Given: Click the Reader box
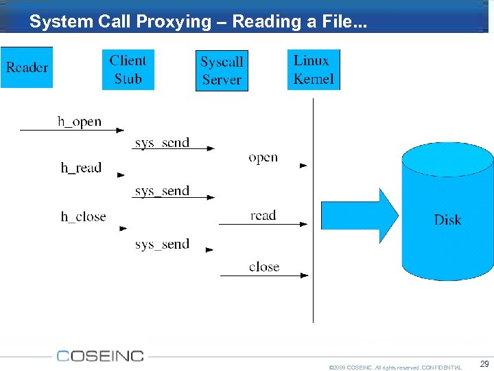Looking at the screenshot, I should (27, 67).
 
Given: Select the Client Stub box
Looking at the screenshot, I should (128, 69).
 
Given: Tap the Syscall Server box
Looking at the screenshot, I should (222, 71).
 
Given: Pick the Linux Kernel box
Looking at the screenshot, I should (314, 69).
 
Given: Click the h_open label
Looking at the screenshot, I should (80, 122).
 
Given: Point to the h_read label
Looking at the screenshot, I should (81, 168).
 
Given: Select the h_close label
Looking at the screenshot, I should (83, 216).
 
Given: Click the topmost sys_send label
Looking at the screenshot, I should (162, 142).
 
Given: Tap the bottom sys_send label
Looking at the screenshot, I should (162, 244).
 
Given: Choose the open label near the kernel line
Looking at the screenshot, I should (263, 157).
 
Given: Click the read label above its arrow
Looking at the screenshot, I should (263, 215).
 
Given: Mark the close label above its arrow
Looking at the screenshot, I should (264, 267).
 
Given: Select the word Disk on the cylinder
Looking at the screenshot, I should (447, 220).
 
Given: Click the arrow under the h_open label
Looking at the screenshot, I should (72, 130).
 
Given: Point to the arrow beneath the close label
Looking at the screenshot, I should (264, 276).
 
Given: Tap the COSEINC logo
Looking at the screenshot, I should (100, 356).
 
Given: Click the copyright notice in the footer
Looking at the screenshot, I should (395, 368).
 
